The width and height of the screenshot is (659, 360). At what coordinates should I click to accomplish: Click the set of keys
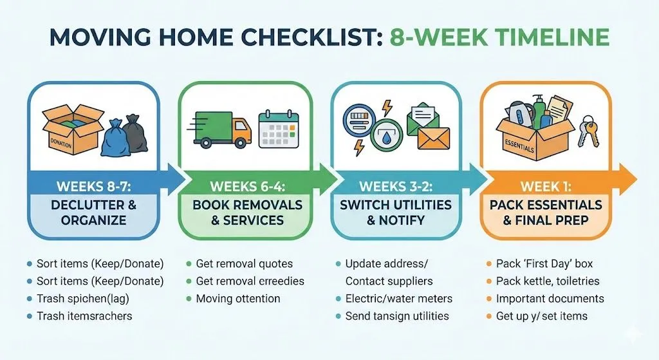[587, 132]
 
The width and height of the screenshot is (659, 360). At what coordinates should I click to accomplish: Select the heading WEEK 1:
[546, 187]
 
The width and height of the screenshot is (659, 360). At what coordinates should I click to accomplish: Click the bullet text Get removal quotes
[244, 263]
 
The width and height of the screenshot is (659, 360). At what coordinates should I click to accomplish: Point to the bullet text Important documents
[550, 298]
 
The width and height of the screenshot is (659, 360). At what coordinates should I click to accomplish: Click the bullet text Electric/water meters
[398, 298]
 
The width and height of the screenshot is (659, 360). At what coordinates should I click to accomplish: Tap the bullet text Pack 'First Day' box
[544, 263]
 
